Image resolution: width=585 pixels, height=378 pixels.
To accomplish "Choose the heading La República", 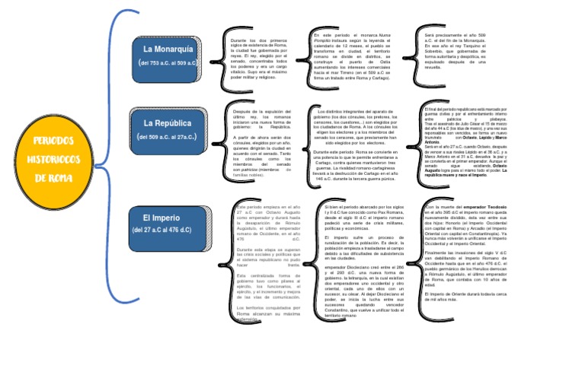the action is point(168,122).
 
